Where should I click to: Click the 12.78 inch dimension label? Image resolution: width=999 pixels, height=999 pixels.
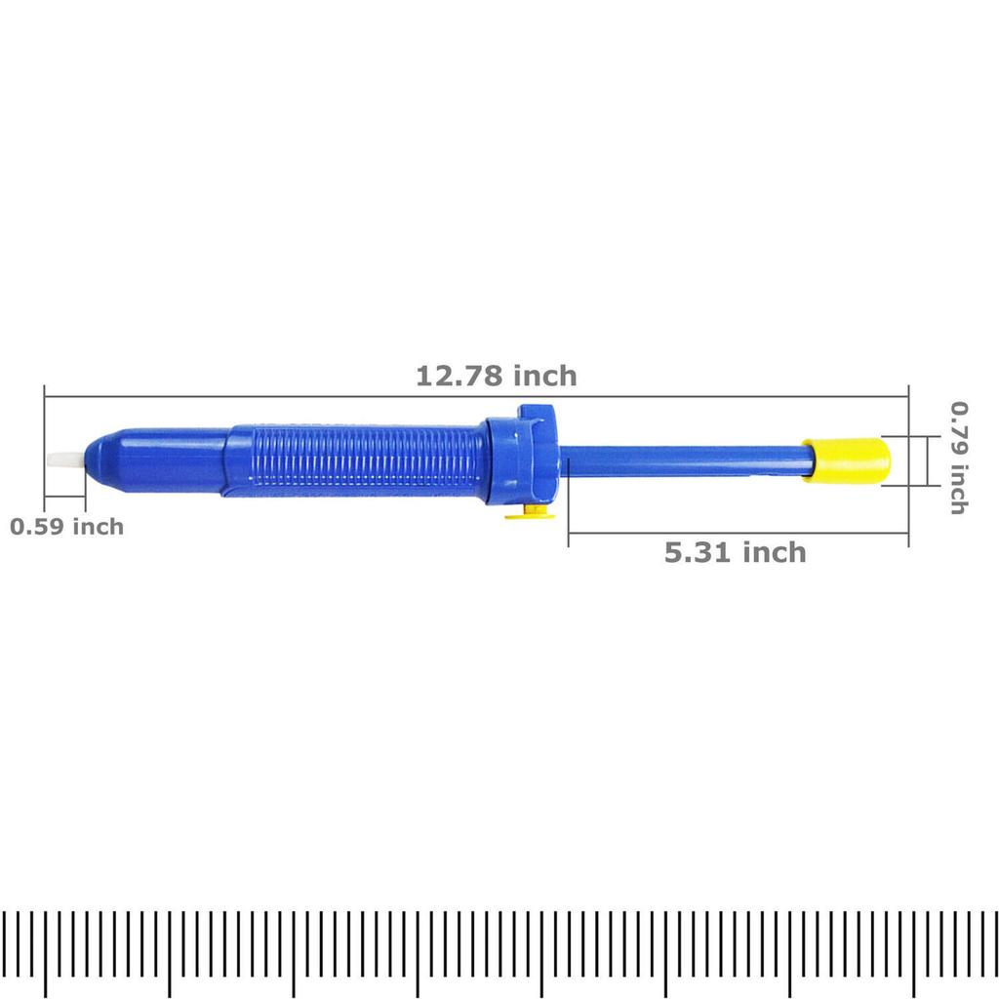click(x=497, y=376)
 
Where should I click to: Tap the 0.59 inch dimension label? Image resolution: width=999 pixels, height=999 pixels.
click(x=67, y=527)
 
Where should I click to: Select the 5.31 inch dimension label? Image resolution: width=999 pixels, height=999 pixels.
click(x=736, y=553)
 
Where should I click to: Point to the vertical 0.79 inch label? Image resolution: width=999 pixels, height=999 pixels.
click(x=959, y=459)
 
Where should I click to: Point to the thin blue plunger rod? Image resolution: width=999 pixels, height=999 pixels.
click(x=683, y=460)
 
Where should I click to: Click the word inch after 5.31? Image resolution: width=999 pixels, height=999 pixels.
click(x=775, y=553)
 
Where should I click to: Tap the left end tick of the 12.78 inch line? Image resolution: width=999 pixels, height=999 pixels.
click(x=45, y=420)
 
